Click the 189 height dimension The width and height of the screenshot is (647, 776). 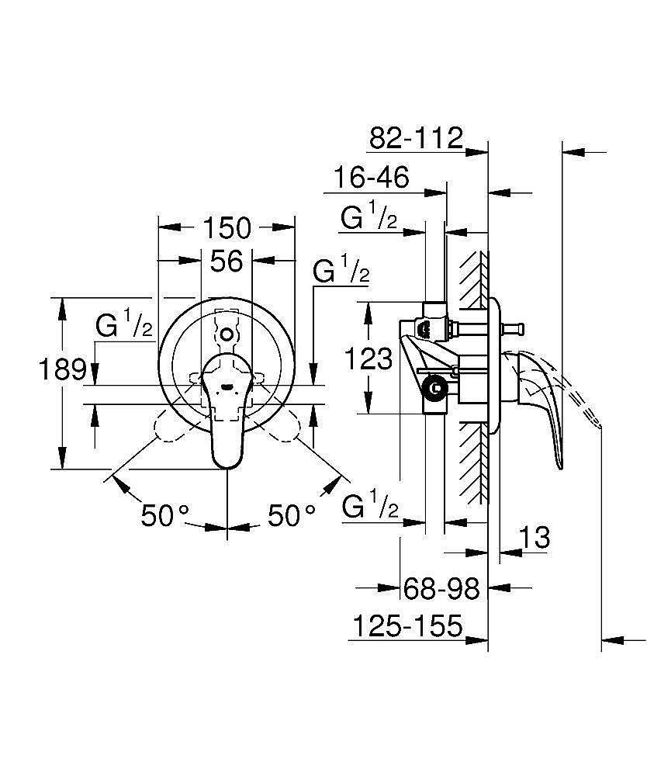(62, 369)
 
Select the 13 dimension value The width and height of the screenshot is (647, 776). (535, 536)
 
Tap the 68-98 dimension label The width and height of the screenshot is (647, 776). (441, 589)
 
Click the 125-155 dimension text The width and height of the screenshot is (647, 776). (407, 625)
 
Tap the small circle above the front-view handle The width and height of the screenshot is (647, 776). (226, 334)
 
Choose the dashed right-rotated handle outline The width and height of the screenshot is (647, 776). (282, 424)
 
